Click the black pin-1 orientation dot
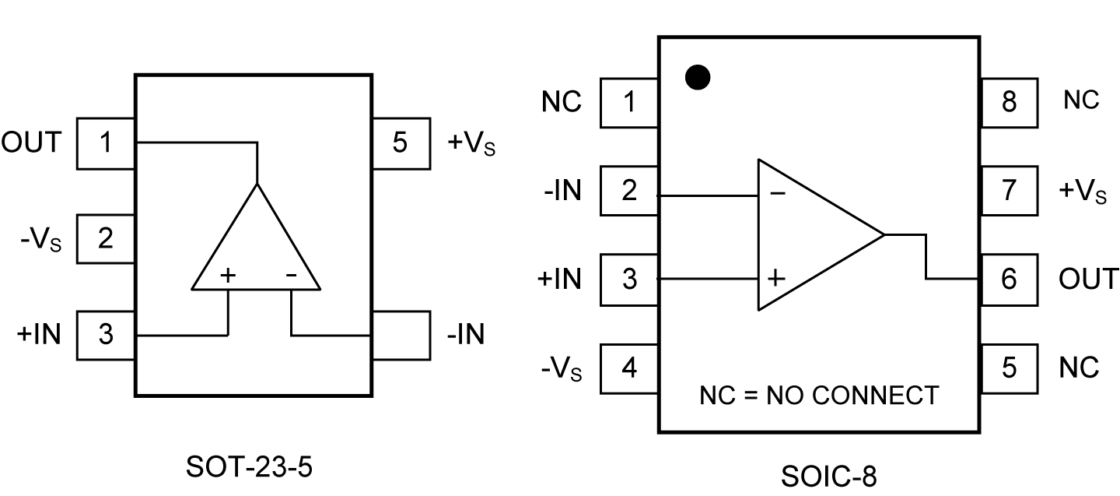tap(698, 77)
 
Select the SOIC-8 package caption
tap(828, 476)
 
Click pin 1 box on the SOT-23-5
tap(107, 143)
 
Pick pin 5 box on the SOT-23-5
tap(401, 143)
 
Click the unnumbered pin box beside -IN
tap(401, 335)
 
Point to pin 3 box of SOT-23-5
tap(107, 335)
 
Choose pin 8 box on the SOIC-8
tap(1009, 102)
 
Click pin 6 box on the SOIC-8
tap(1009, 279)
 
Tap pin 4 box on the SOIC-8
tap(629, 367)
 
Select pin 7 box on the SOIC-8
tap(1009, 190)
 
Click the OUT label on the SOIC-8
tap(1088, 279)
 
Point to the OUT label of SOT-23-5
tap(31, 142)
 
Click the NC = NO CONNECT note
tap(819, 396)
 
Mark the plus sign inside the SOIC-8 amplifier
tap(775, 278)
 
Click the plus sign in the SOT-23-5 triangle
tap(228, 274)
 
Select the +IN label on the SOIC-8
tap(559, 279)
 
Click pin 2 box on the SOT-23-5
tap(107, 238)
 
